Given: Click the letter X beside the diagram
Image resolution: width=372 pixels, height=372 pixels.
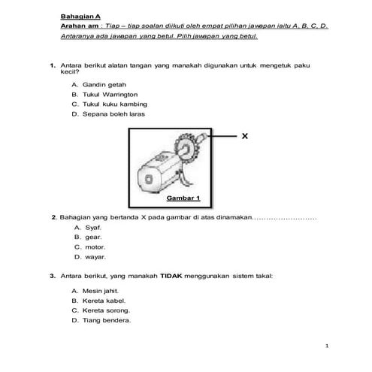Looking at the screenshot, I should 244,137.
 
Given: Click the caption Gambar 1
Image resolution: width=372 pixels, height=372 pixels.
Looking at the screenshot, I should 183,198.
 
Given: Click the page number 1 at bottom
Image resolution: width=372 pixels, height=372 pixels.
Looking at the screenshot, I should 328,346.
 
